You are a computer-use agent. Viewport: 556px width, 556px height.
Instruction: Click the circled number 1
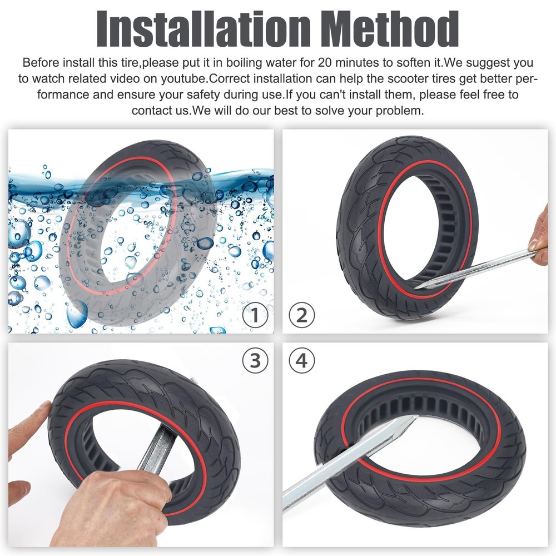(x=255, y=316)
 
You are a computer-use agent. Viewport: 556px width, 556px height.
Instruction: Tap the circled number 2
(x=301, y=316)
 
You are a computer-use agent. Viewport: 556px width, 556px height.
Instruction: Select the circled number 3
(x=255, y=361)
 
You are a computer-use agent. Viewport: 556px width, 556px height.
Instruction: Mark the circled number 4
(x=301, y=361)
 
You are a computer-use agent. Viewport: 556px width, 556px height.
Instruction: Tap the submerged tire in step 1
(x=139, y=234)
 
